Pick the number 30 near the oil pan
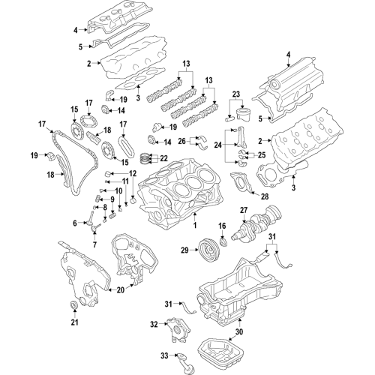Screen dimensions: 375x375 point(239,331)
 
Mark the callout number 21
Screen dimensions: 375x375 point(73,322)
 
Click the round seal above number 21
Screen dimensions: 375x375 point(73,304)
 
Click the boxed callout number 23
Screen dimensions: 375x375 point(237,94)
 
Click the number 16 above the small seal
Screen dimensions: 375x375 point(222,226)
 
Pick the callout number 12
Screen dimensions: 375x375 point(133,174)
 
